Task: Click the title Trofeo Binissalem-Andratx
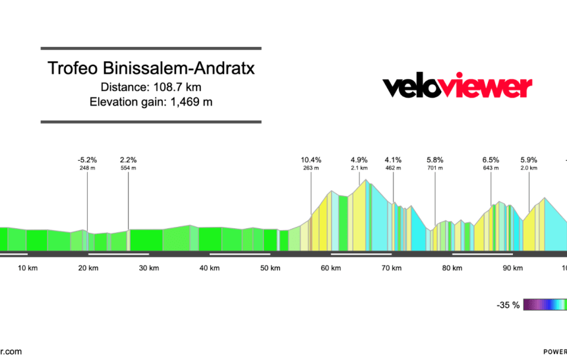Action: (151, 69)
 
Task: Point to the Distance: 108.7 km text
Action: (151, 87)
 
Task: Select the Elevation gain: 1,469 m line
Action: (151, 102)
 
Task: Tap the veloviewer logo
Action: (457, 87)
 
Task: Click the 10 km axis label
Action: (28, 268)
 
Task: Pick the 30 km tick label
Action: (149, 268)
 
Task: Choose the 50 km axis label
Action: (270, 268)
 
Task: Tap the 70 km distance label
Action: (392, 268)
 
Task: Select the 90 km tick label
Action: (513, 268)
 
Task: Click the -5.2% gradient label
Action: (87, 160)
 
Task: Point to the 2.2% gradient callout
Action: (128, 160)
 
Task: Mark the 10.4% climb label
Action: (311, 160)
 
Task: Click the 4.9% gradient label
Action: (359, 160)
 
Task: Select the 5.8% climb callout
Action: (434, 160)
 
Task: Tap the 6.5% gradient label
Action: (491, 160)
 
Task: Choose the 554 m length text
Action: (128, 168)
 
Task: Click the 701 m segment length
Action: (434, 168)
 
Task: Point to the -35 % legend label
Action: (508, 305)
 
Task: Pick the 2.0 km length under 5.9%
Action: (529, 168)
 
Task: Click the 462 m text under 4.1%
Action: (393, 168)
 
